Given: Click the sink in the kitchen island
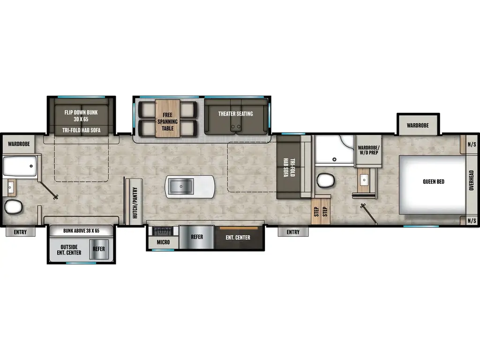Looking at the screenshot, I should pyautogui.click(x=180, y=187).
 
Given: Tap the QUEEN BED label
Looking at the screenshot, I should pyautogui.click(x=433, y=181).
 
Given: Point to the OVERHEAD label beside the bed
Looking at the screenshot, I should pyautogui.click(x=471, y=180).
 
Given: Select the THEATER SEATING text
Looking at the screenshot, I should pyautogui.click(x=235, y=113).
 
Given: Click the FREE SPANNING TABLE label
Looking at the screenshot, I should pyautogui.click(x=168, y=121).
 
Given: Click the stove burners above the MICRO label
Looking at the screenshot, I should pyautogui.click(x=161, y=231).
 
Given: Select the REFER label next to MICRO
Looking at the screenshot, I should pyautogui.click(x=197, y=237).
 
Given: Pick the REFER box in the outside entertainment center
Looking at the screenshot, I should pyautogui.click(x=99, y=249).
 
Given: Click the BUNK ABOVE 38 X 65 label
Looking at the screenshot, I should pyautogui.click(x=82, y=231).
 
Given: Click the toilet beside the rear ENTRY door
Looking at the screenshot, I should pyautogui.click(x=14, y=206).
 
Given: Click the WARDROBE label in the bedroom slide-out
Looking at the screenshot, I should pyautogui.click(x=418, y=126).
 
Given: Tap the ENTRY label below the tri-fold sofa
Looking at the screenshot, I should pyautogui.click(x=293, y=232).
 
